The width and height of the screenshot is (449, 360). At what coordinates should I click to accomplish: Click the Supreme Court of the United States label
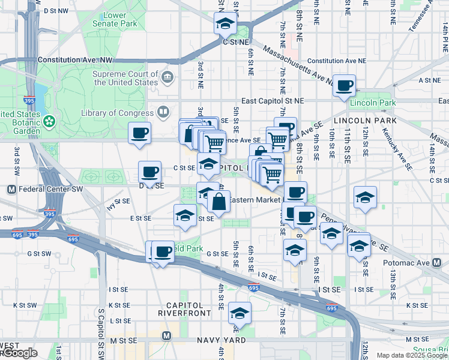click(125, 78)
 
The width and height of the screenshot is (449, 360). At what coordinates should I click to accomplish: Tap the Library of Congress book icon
click(163, 112)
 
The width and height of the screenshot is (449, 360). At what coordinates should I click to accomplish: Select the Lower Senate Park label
click(106, 19)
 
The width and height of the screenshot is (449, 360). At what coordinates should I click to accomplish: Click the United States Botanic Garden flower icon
click(49, 121)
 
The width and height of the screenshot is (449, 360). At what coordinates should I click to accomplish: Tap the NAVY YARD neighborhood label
click(221, 340)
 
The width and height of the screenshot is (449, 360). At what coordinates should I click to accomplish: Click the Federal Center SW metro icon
click(11, 190)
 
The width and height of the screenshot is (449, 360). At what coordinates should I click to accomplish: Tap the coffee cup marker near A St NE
click(345, 86)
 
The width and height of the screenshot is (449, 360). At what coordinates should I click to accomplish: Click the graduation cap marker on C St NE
click(225, 24)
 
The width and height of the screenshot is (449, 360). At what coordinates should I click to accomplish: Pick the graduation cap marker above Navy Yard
click(240, 313)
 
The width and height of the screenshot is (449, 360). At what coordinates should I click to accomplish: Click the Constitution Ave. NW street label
click(75, 60)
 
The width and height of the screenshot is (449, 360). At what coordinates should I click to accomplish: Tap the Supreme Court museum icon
click(167, 77)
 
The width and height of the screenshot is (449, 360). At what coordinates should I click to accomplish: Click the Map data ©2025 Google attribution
click(412, 355)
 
